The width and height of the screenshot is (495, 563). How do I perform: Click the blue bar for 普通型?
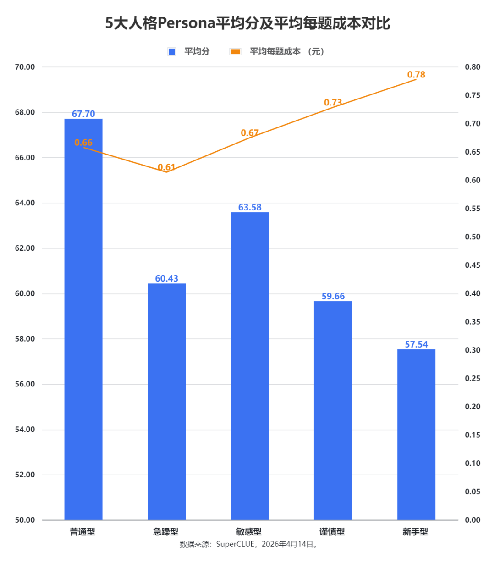83,321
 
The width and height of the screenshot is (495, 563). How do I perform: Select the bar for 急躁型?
166,403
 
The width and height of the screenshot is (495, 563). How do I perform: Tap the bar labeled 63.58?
250,367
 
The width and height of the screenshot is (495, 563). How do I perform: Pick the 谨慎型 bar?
333,413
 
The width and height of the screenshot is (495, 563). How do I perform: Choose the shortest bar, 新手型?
416,436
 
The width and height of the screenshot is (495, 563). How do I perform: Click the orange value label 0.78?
416,75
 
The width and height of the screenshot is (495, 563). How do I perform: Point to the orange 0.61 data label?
166,167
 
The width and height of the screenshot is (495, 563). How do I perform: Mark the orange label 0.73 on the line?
333,103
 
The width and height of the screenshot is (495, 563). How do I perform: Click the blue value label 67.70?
83,114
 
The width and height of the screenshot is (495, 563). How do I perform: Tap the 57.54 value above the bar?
416,344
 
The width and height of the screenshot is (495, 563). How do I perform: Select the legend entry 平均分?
197,51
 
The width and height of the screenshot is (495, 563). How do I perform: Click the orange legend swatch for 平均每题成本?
236,51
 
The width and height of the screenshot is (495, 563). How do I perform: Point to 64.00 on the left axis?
25,203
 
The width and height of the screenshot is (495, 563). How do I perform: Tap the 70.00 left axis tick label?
25,67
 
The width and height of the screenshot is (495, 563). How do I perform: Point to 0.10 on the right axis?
473,464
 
